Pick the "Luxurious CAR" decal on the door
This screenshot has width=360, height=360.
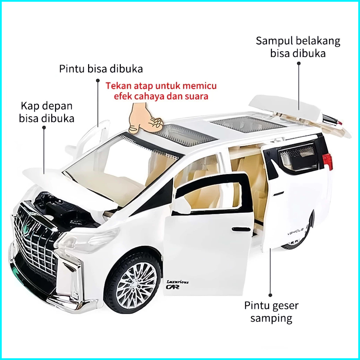click(177, 284)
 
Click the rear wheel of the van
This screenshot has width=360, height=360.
click(300, 237)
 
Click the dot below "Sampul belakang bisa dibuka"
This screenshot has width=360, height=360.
click(299, 63)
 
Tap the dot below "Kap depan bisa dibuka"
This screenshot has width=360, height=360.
click(44, 127)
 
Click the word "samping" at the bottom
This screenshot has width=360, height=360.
click(271, 318)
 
